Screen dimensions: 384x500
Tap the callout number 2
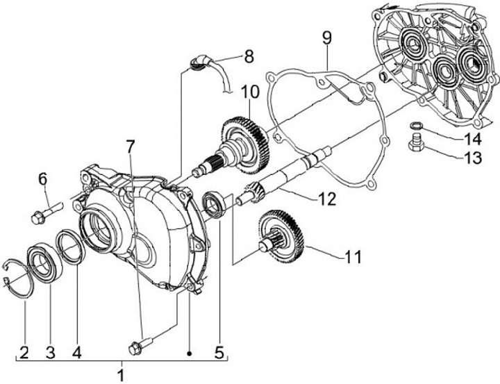coord(24,352)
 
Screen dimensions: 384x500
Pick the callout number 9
coord(327,37)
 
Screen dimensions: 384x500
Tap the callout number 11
coord(353,257)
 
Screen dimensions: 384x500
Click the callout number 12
coord(327,199)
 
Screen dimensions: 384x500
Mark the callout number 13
coord(472,158)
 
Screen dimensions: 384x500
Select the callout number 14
coord(472,137)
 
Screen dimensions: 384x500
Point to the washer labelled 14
coord(415,125)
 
